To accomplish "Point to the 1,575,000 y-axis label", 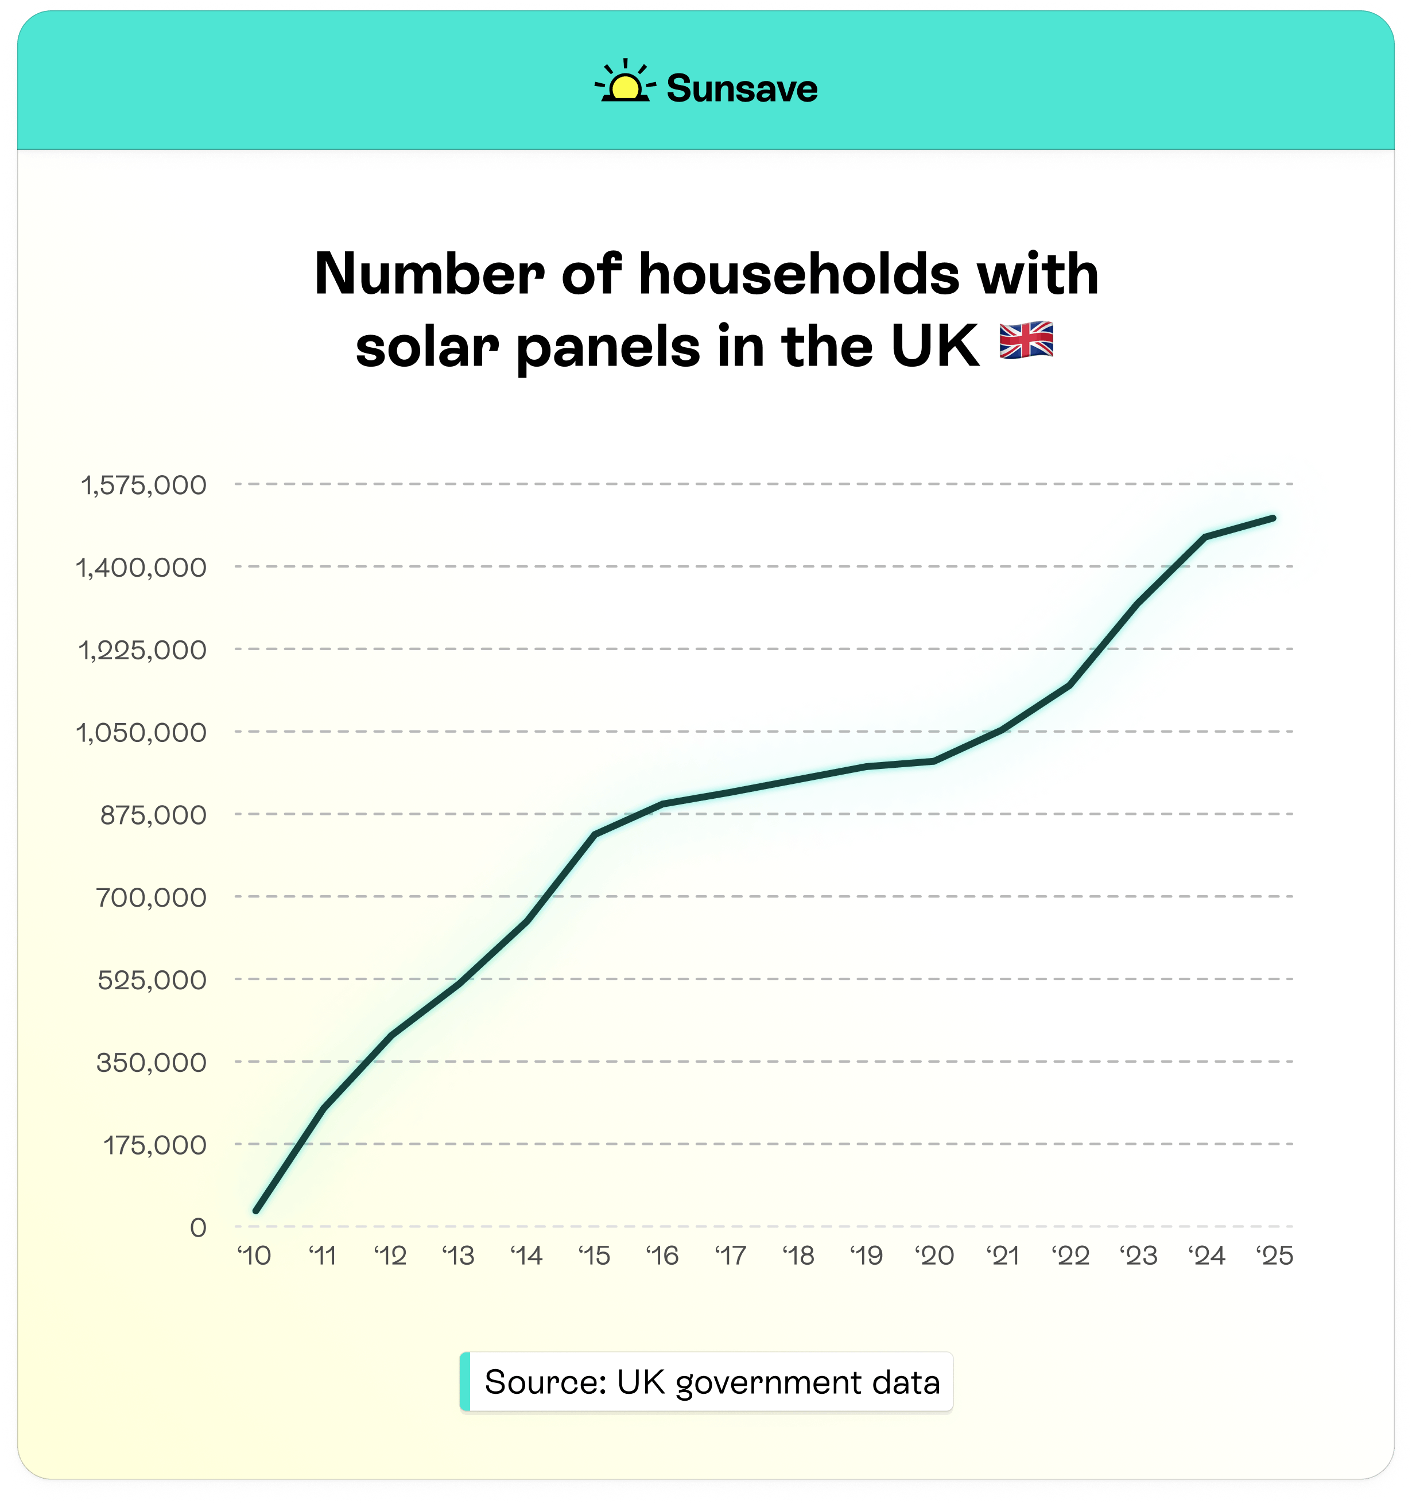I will tap(143, 485).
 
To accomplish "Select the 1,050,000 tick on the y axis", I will tap(142, 732).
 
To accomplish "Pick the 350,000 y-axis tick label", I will tap(152, 1062).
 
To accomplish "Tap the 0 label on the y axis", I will tap(198, 1227).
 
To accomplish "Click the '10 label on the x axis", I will tap(254, 1256).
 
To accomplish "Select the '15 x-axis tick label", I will tap(595, 1256).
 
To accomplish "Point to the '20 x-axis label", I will tap(934, 1256).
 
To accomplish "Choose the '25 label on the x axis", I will tap(1275, 1256).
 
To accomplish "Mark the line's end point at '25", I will tap(1274, 518).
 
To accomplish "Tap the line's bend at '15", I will tap(595, 834).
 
